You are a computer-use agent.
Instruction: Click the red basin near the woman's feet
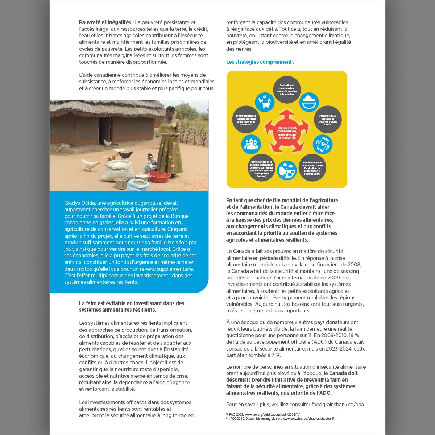[x=159, y=177]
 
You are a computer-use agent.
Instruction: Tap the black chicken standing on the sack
[x=125, y=155]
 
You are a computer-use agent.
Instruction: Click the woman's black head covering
[x=171, y=109]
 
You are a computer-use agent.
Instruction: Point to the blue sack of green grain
[x=138, y=185]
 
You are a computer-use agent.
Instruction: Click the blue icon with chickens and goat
[x=265, y=102]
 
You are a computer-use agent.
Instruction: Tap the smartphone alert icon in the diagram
[x=322, y=144]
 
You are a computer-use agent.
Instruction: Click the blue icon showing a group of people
[x=251, y=144]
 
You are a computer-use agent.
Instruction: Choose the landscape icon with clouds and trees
[x=287, y=170]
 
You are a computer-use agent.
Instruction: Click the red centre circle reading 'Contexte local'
[x=287, y=133]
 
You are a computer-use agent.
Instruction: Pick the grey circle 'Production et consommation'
[x=287, y=90]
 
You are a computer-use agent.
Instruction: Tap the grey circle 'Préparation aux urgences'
[x=328, y=120]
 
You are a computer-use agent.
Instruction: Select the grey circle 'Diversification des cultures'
[x=246, y=120]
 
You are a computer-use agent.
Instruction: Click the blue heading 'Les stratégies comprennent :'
[x=260, y=62]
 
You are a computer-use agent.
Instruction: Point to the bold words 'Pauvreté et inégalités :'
[x=107, y=22]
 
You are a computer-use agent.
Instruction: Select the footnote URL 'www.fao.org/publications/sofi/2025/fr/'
[x=272, y=414]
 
